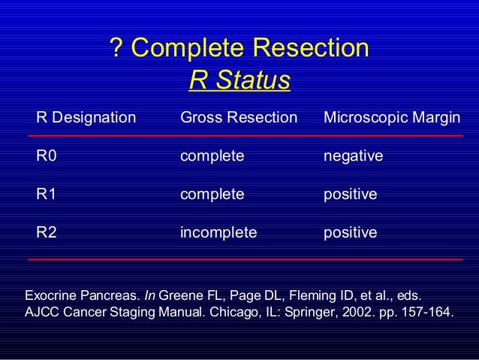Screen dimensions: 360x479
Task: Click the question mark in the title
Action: pos(116,49)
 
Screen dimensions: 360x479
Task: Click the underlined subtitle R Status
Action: pos(239,80)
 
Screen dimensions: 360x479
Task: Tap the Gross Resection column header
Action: pos(239,118)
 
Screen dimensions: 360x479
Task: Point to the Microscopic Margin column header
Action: pos(392,118)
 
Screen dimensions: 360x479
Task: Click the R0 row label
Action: pos(47,156)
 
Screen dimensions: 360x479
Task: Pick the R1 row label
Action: pos(47,194)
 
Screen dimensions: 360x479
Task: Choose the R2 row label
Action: pos(47,232)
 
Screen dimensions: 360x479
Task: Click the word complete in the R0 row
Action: pos(212,156)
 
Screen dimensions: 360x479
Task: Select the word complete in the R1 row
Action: pos(212,194)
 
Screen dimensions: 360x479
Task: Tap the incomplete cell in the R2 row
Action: pos(218,232)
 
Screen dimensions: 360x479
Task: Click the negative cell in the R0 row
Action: pos(353,156)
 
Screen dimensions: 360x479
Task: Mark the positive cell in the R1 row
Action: pos(350,194)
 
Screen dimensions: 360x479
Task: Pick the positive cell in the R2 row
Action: pos(350,232)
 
